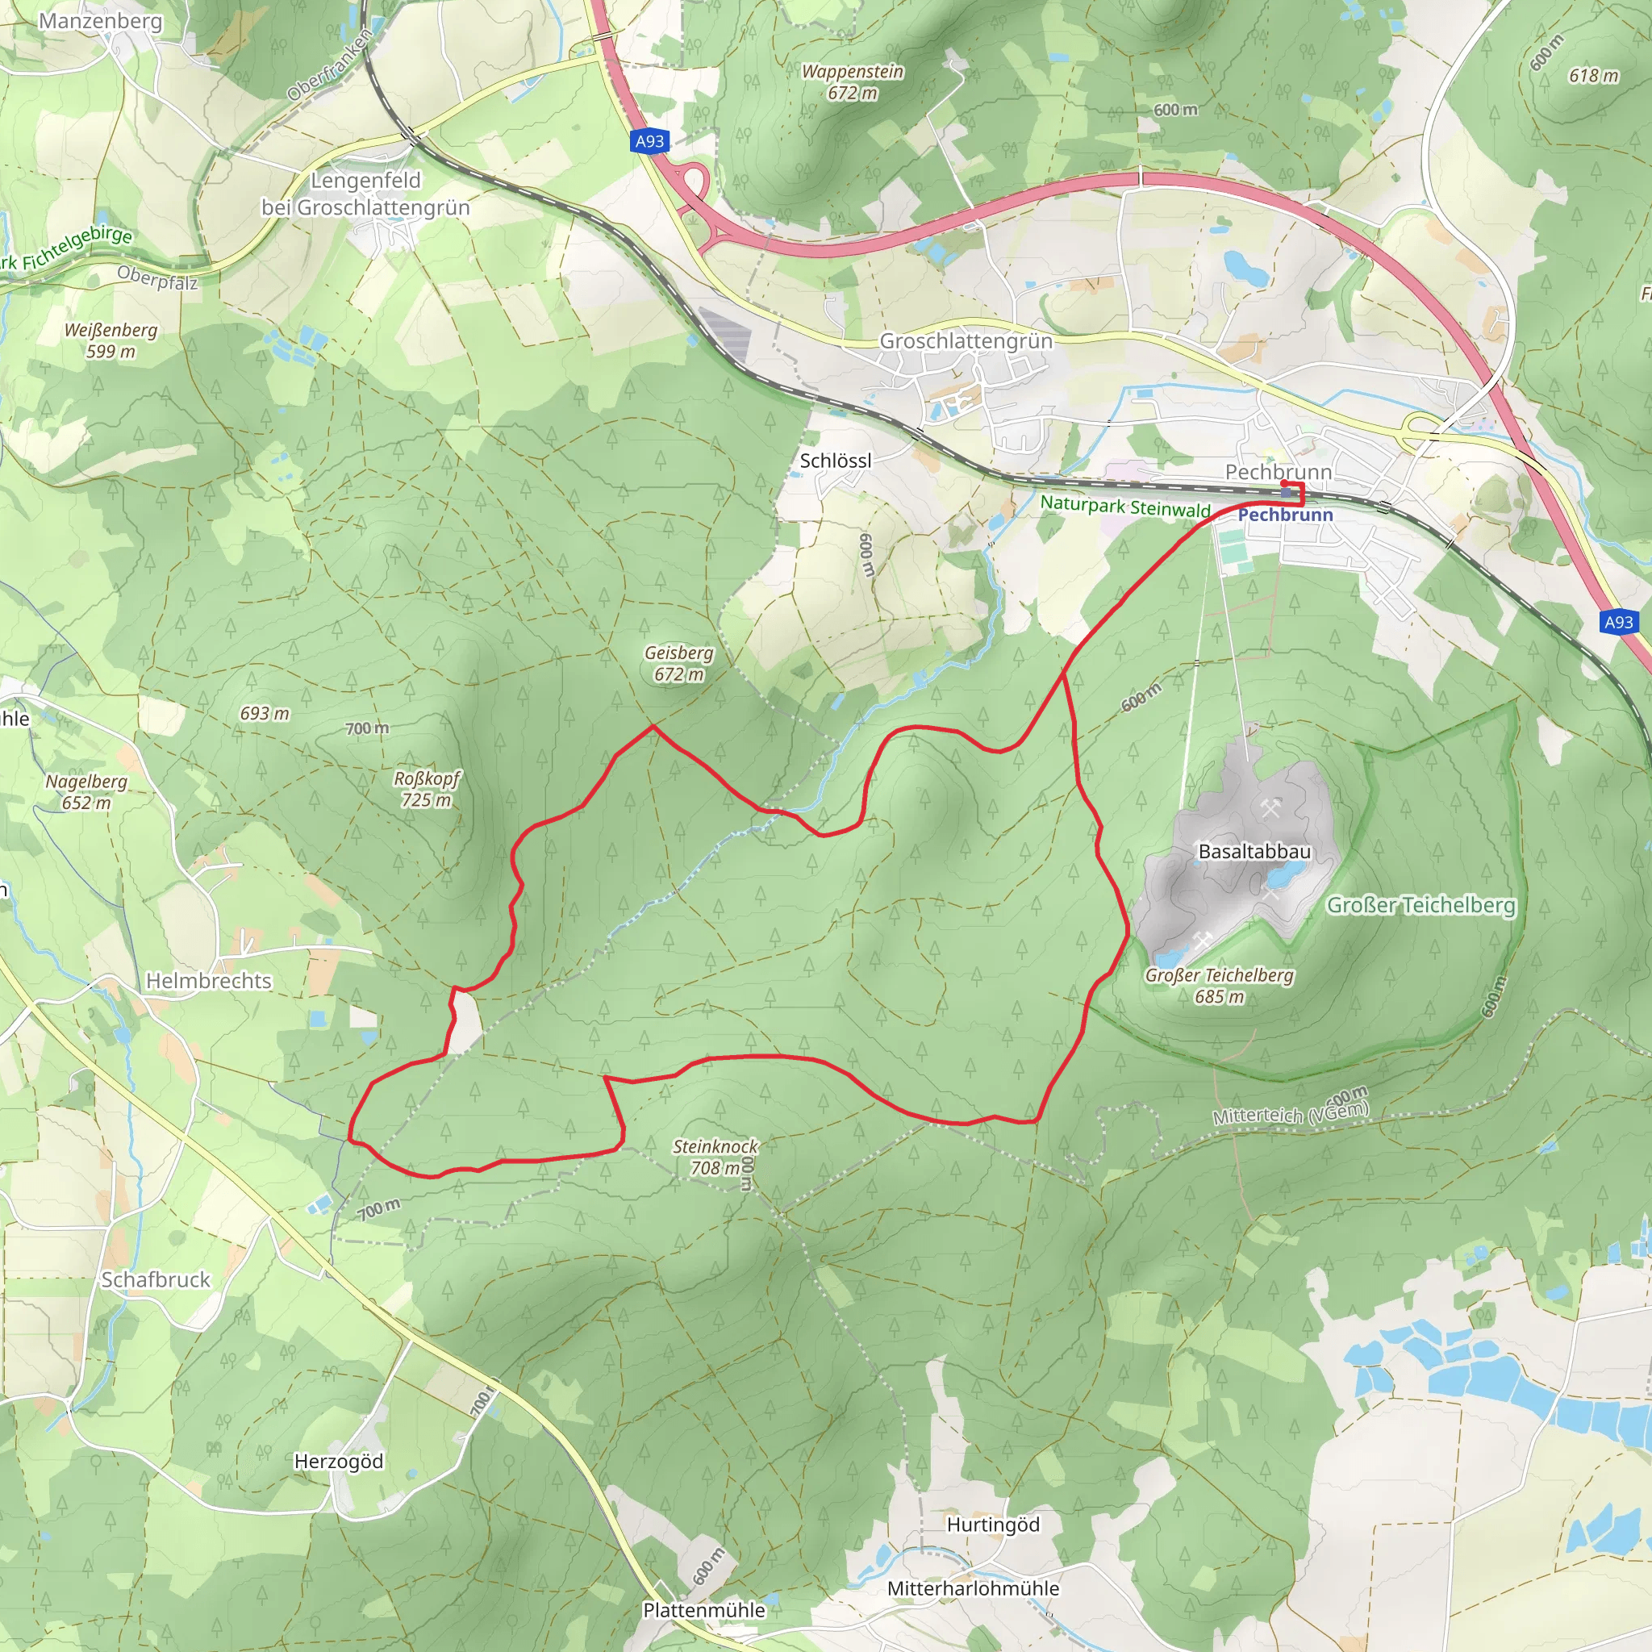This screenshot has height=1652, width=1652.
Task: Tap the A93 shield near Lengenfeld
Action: coord(650,141)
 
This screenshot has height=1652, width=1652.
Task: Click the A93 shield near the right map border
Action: coord(1618,623)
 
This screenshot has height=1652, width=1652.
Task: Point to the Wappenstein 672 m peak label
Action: coord(853,82)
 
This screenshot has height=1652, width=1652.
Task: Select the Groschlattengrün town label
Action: coord(966,341)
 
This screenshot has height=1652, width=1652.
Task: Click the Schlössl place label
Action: coord(836,461)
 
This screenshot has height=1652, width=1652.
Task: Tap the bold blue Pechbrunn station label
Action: coord(1285,515)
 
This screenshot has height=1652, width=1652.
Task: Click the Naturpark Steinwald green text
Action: coord(1125,507)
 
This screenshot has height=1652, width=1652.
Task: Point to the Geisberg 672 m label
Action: coord(679,664)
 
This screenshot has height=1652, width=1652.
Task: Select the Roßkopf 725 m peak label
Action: coord(426,789)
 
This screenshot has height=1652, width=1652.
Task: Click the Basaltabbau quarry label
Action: coord(1254,852)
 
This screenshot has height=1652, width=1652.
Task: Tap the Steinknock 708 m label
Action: coord(715,1157)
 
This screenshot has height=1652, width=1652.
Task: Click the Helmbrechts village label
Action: coord(209,981)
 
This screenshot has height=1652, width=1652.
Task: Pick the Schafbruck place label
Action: coord(156,1280)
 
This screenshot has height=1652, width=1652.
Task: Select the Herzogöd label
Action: coord(339,1462)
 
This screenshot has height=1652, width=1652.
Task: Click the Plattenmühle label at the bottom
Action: coord(703,1610)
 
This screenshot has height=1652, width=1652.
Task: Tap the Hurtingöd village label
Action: coord(993,1525)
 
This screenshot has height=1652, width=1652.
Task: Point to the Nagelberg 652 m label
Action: coord(86,792)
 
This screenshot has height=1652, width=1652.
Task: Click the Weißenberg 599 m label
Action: coord(111,340)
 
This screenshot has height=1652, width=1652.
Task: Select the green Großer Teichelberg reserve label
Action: coord(1420,905)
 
